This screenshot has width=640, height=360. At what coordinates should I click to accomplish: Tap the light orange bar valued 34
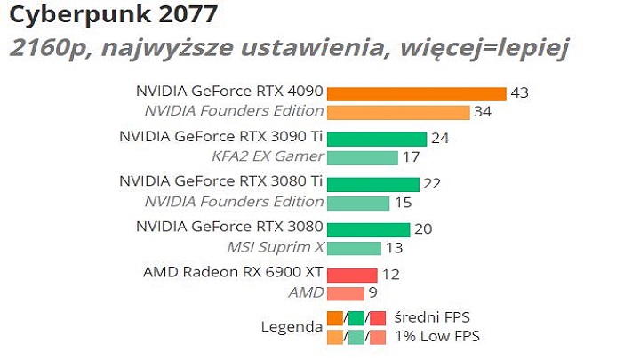(x=397, y=112)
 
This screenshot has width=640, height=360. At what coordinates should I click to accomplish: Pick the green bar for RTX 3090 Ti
(x=377, y=139)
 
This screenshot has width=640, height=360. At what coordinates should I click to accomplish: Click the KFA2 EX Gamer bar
(x=362, y=157)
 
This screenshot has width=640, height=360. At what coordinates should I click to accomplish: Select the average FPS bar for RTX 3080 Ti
(x=372, y=184)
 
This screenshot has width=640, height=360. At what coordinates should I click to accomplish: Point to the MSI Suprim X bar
(x=354, y=248)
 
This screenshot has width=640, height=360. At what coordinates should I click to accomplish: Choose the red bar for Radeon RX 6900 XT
(x=352, y=275)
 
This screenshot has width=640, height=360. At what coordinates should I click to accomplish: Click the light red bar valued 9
(x=345, y=293)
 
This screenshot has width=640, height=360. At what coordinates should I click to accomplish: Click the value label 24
(x=440, y=139)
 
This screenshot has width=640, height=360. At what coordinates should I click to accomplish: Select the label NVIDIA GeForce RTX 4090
(x=229, y=92)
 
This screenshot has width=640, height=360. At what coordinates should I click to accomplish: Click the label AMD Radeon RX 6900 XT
(x=233, y=272)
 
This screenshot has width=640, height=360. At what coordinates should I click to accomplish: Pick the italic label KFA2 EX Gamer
(x=268, y=156)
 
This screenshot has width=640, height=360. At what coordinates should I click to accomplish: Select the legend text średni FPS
(x=432, y=317)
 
